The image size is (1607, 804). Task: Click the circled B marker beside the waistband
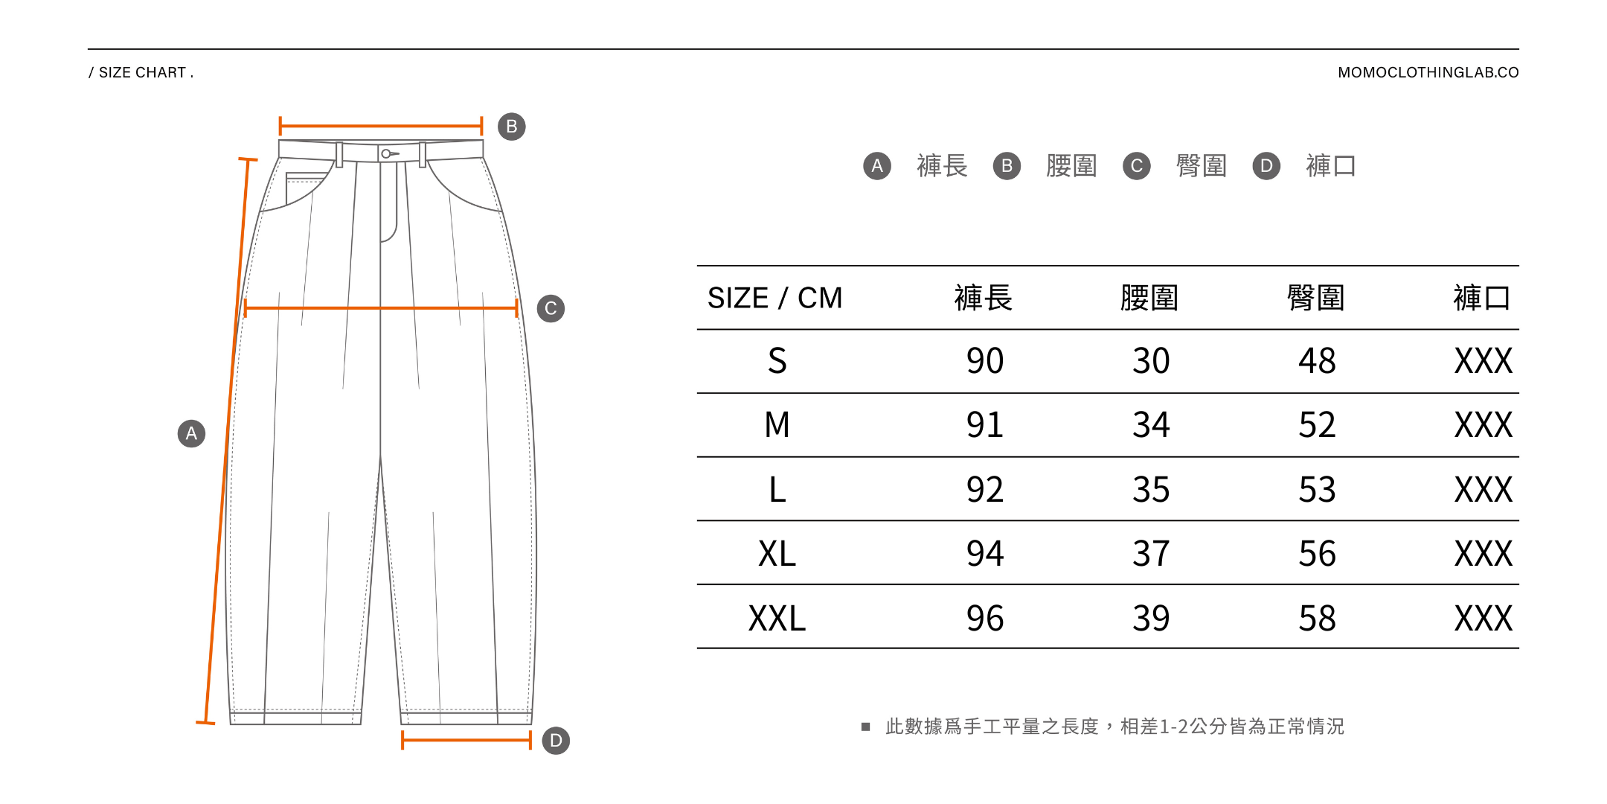pyautogui.click(x=512, y=127)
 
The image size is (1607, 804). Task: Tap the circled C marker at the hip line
pyautogui.click(x=551, y=308)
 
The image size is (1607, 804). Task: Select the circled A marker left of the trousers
pyautogui.click(x=191, y=433)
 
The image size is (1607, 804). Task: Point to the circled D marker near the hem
pyautogui.click(x=556, y=741)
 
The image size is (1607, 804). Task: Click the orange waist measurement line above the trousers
pyautogui.click(x=381, y=126)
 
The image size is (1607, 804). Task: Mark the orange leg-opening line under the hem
pyautogui.click(x=466, y=740)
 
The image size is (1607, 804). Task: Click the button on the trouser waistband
pyautogui.click(x=386, y=154)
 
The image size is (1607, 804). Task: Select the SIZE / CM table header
pyautogui.click(x=774, y=298)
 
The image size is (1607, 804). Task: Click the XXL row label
pyautogui.click(x=777, y=618)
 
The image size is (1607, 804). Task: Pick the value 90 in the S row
pyautogui.click(x=984, y=361)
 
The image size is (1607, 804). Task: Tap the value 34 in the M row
pyautogui.click(x=1151, y=425)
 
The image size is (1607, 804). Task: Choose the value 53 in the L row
pyautogui.click(x=1317, y=490)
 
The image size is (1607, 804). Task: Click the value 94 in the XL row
pyautogui.click(x=984, y=554)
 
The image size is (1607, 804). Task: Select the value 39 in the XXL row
pyautogui.click(x=1151, y=618)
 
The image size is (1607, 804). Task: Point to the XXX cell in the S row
pyautogui.click(x=1483, y=361)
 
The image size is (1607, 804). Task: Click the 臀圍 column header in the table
pyautogui.click(x=1316, y=298)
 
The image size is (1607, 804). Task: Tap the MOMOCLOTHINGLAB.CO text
pyautogui.click(x=1428, y=72)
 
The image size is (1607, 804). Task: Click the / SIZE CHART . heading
pyautogui.click(x=141, y=72)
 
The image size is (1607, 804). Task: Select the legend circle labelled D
pyautogui.click(x=1266, y=166)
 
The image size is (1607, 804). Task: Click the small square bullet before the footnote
pyautogui.click(x=865, y=727)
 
